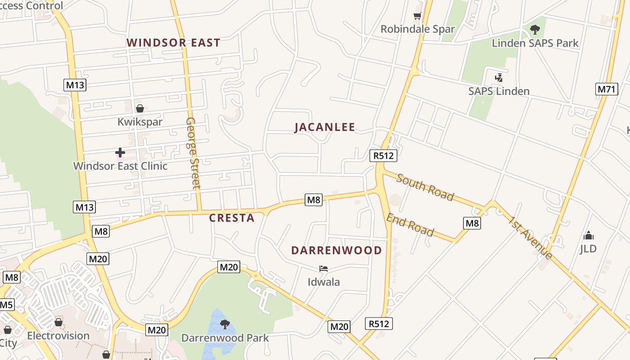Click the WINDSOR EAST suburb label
173,43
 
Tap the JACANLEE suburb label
325,127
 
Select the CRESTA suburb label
232,218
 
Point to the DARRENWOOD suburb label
337,251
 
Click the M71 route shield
607,89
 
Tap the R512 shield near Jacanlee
383,156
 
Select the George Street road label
193,153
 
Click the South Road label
425,187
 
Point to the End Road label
410,225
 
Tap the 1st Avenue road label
531,238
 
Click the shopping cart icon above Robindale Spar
417,17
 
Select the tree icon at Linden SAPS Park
535,30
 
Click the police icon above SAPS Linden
499,78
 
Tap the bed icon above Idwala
323,269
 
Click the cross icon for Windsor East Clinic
120,153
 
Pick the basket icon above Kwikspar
140,108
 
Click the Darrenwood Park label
225,337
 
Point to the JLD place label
588,248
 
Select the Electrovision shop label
58,336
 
